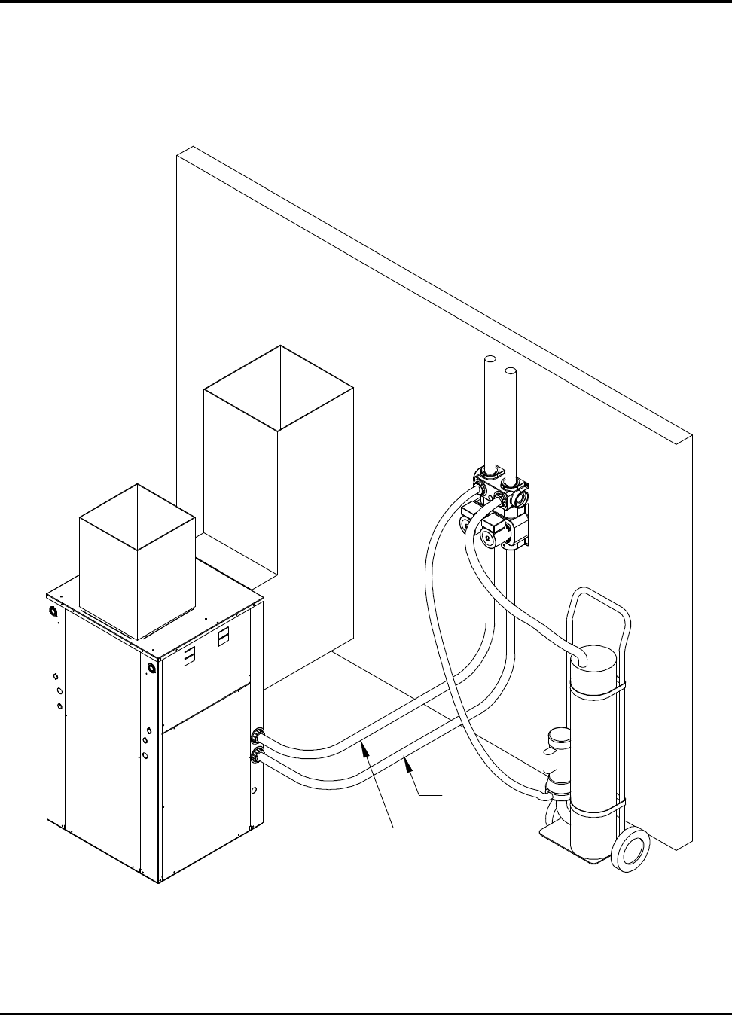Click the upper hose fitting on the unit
click(x=258, y=734)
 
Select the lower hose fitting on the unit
click(x=258, y=754)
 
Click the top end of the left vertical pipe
click(x=490, y=361)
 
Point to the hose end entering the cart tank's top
click(x=582, y=659)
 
